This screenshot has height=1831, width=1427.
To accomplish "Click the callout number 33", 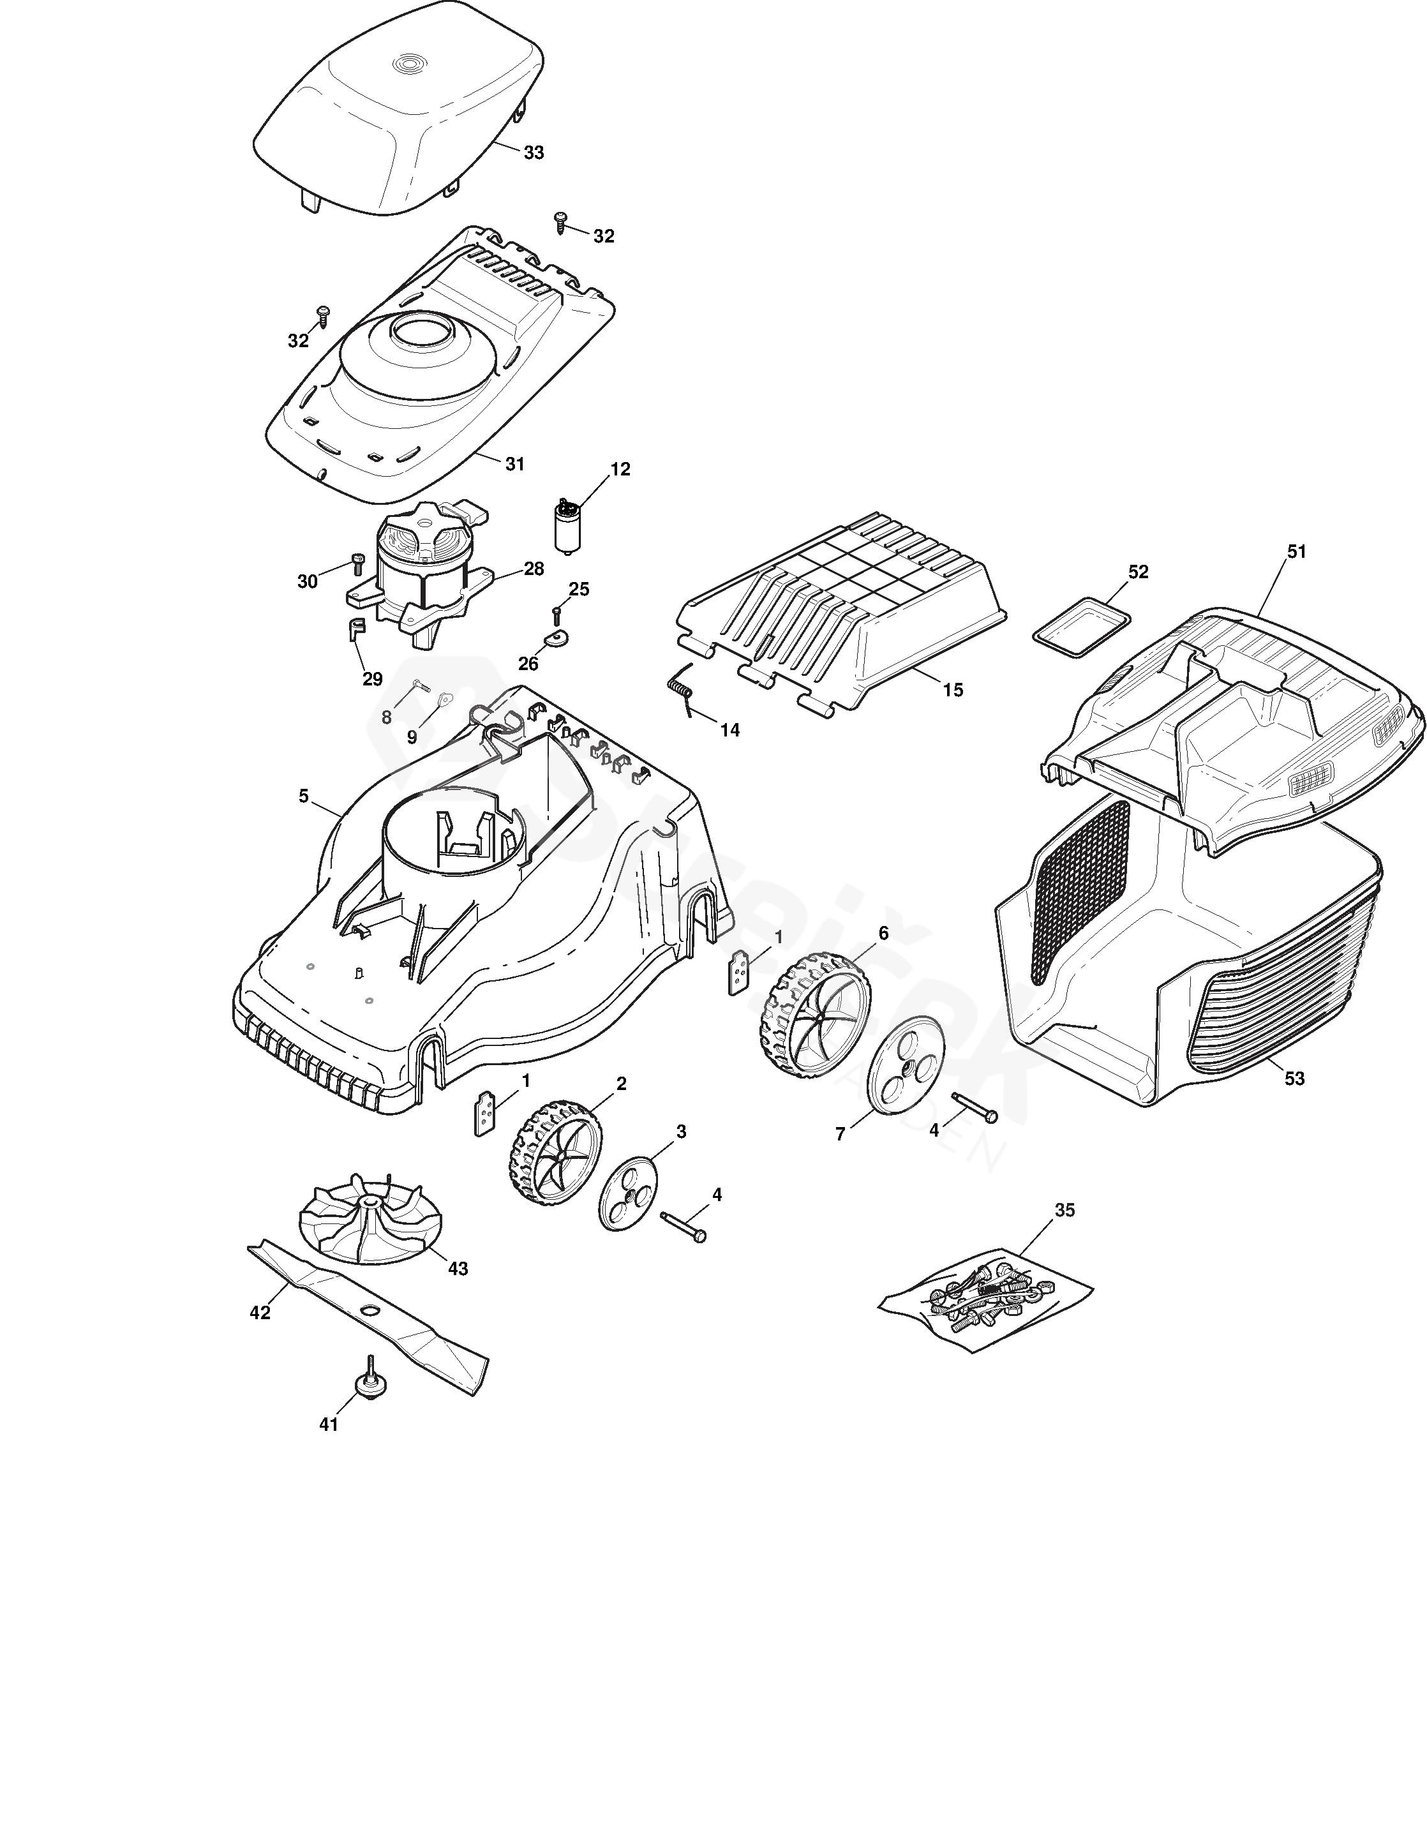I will (x=534, y=153).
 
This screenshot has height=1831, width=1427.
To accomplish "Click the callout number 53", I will (x=1294, y=1078).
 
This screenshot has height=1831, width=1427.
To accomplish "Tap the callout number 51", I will (x=1297, y=551).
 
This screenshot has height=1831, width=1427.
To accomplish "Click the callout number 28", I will (x=534, y=569).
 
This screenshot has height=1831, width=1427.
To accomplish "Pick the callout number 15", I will (x=953, y=690).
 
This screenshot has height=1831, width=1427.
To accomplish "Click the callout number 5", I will (x=304, y=796).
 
